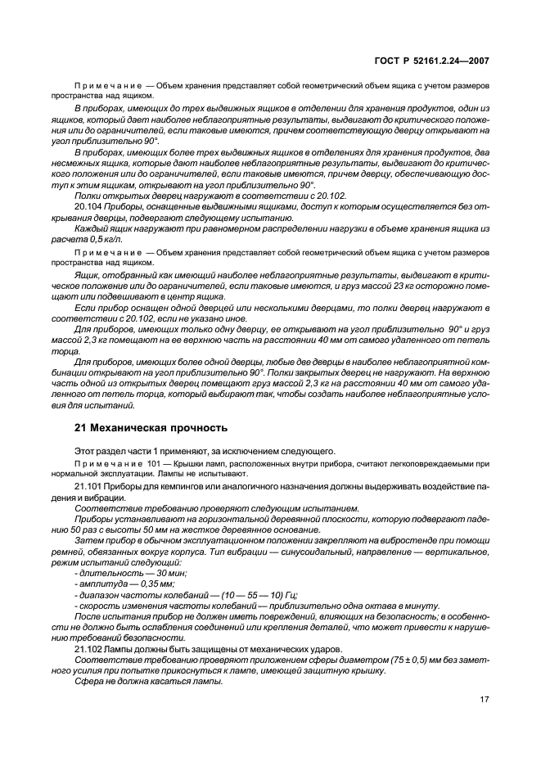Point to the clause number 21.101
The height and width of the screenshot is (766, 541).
pos(88,485)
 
